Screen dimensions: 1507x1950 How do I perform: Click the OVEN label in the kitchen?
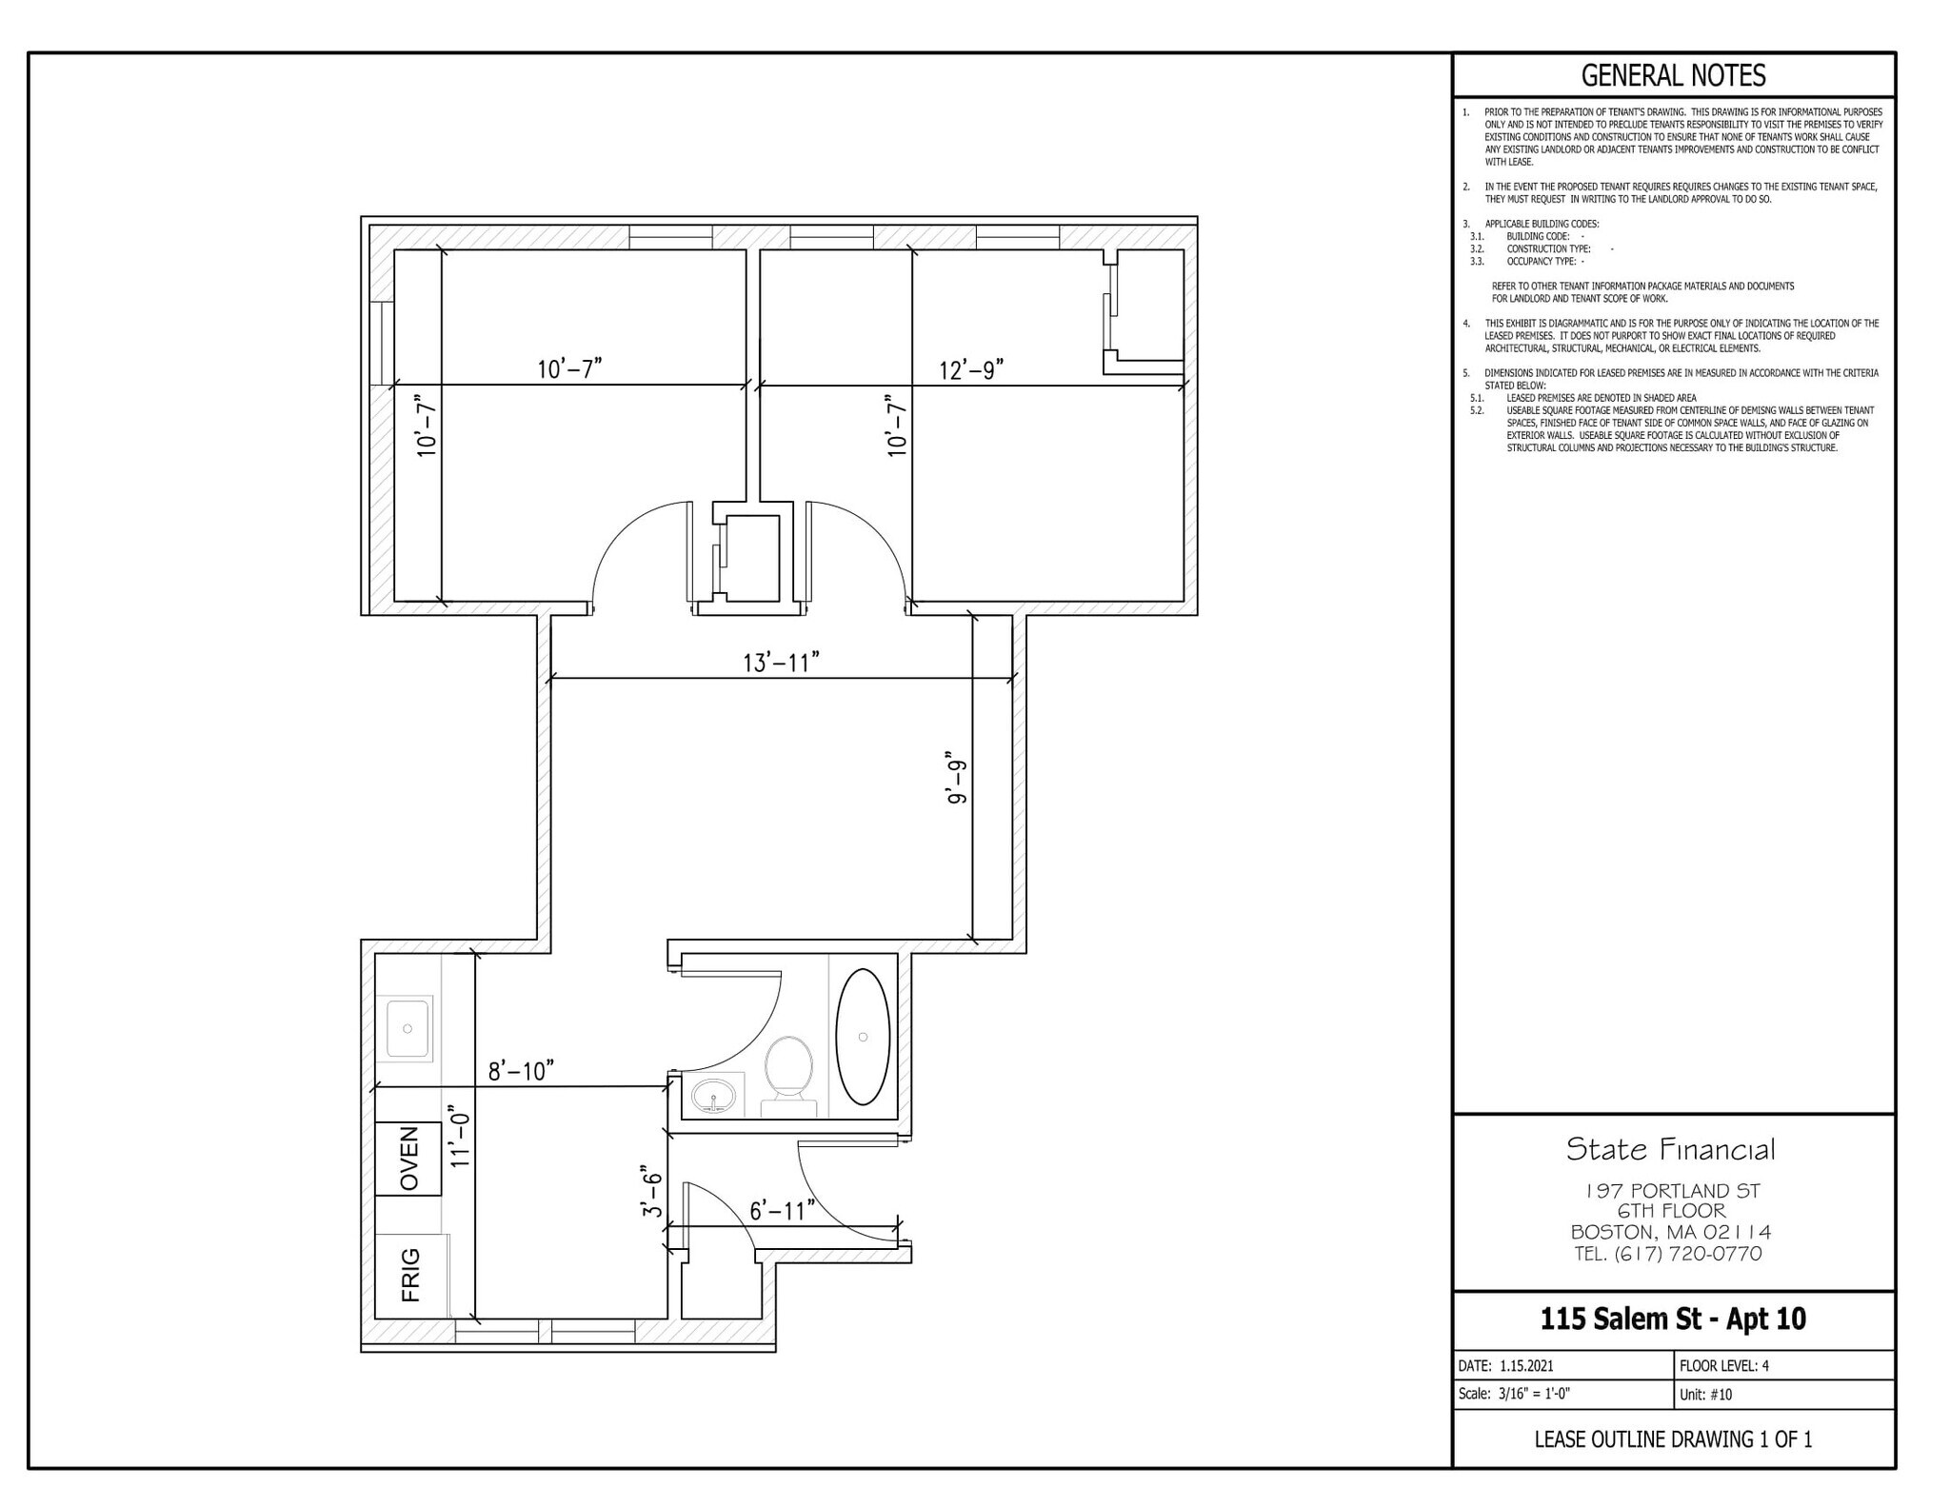[x=408, y=1159]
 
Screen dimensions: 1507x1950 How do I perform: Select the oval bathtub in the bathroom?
[x=863, y=1037]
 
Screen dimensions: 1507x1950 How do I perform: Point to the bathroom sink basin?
[x=716, y=1096]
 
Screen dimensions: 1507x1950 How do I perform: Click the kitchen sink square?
[x=407, y=1028]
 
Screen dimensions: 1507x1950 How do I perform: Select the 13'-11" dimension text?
[x=781, y=663]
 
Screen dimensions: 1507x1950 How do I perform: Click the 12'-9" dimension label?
[x=971, y=369]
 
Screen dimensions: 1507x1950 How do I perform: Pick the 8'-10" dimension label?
[x=521, y=1072]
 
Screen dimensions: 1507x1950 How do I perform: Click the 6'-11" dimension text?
[x=782, y=1211]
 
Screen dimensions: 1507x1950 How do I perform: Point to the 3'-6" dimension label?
[x=651, y=1191]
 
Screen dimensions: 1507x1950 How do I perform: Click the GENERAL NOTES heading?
[x=1673, y=75]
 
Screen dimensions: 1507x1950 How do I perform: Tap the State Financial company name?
[x=1671, y=1149]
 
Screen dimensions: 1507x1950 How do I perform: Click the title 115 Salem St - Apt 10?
[x=1673, y=1319]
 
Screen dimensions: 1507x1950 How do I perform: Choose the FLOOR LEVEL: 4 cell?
[x=1723, y=1365]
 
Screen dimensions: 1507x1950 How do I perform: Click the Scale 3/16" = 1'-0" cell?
[x=1513, y=1394]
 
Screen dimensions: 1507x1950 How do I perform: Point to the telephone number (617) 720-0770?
[x=1686, y=1254]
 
